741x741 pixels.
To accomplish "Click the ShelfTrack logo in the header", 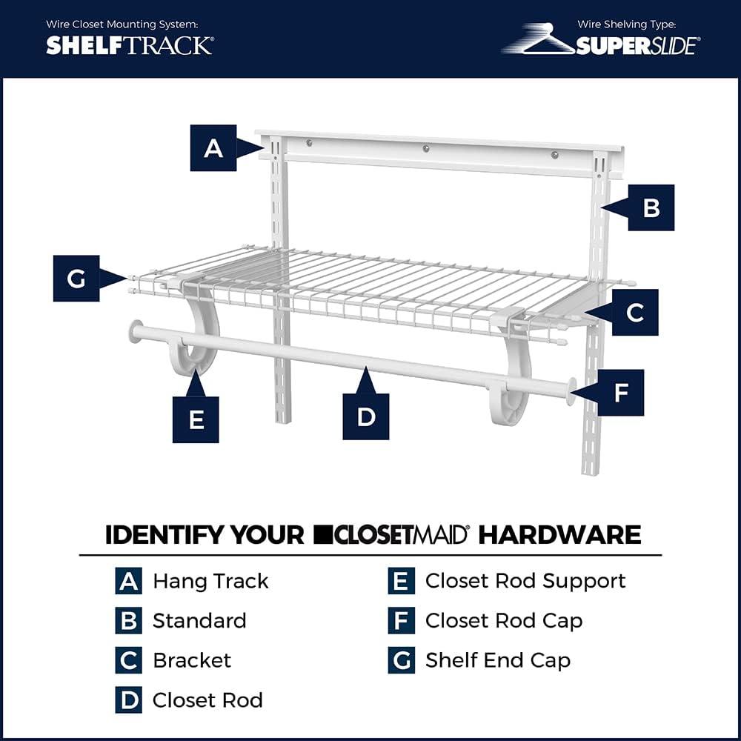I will [x=130, y=45].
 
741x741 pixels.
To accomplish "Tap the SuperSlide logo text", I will [x=636, y=46].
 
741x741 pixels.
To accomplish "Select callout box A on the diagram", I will [x=213, y=148].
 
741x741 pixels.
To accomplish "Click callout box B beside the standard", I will [x=651, y=207].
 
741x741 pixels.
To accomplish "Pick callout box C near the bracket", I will [x=634, y=313].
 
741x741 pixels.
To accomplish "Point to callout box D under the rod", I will [x=366, y=416].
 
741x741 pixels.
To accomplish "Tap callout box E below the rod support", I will [x=196, y=419].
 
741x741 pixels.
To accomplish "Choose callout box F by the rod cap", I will [x=621, y=393].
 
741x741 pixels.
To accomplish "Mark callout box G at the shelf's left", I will [x=76, y=278].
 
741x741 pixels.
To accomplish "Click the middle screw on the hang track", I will [x=426, y=148].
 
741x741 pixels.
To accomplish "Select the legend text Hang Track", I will [x=210, y=581].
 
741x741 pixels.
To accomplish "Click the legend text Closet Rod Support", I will [x=525, y=581].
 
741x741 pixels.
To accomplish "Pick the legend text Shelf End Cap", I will [x=497, y=660].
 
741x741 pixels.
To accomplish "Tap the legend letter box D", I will [x=128, y=700].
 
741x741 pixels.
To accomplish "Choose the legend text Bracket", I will [x=192, y=660].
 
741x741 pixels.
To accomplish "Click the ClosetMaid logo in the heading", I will [x=391, y=534].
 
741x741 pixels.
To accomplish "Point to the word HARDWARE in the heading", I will [x=559, y=534].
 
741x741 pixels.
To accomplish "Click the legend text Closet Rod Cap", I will [x=503, y=621].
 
